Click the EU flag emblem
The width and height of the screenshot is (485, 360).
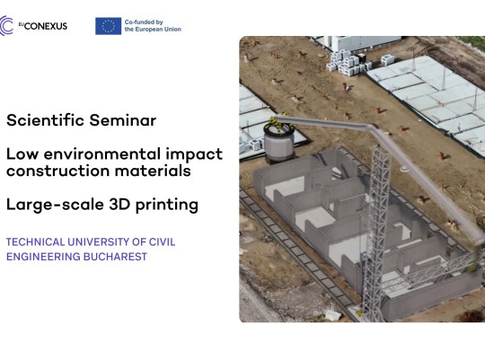(108, 26)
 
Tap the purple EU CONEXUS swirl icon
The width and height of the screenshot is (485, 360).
(6, 26)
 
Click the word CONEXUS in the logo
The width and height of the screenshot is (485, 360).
(46, 26)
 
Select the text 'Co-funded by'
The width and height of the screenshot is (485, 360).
(144, 22)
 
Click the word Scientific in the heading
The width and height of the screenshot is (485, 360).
(46, 120)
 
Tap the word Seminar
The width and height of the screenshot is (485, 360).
(123, 120)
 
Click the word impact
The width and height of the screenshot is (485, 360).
(194, 155)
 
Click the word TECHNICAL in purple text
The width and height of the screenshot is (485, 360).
(36, 241)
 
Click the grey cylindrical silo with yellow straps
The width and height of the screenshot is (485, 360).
(278, 140)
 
